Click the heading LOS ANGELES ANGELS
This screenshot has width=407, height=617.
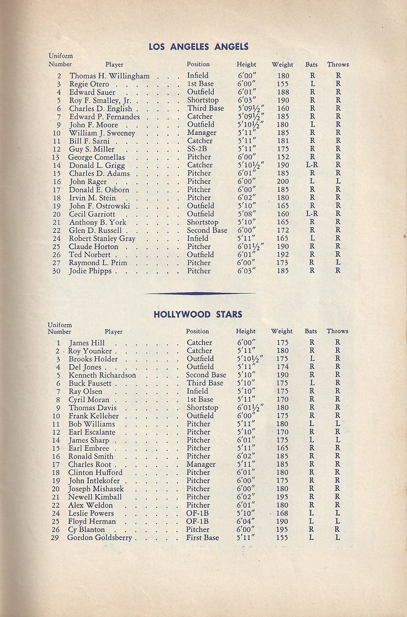198,46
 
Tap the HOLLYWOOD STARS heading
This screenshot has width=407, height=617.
198,314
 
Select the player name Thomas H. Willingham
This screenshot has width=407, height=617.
109,76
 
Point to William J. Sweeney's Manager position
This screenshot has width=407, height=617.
201,133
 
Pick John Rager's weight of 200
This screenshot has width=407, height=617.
283,181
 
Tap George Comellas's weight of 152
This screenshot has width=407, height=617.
283,157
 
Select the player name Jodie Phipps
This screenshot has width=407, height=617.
91,271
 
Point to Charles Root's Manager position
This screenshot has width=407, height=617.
201,464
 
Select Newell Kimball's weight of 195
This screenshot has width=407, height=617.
282,497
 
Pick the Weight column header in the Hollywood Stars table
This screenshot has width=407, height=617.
282,331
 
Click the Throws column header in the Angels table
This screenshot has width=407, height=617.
338,64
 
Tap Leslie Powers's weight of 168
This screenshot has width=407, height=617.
282,513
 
